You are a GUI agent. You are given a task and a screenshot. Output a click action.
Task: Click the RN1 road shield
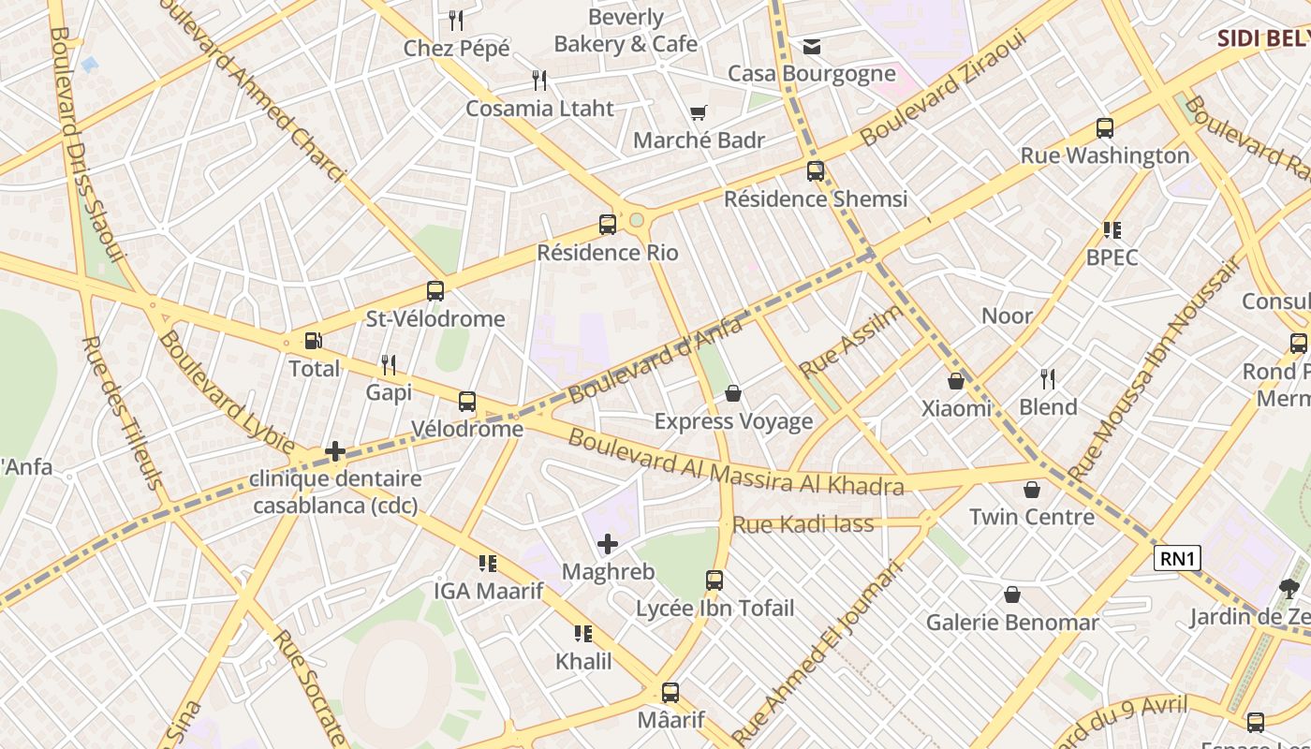tap(1177, 559)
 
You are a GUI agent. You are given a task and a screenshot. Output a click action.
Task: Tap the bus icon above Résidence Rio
tap(608, 225)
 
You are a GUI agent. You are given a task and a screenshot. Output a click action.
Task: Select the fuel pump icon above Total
tap(314, 342)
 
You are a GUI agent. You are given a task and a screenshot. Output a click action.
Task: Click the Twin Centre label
tap(1031, 517)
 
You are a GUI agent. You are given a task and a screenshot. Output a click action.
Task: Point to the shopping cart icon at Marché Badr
tap(698, 113)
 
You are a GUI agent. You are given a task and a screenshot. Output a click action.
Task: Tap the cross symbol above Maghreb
tap(608, 544)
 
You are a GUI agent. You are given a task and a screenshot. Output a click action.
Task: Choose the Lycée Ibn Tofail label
tap(714, 609)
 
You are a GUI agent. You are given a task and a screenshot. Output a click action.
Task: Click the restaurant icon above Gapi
tap(389, 365)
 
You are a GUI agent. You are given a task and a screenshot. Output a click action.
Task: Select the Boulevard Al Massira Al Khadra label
tap(736, 463)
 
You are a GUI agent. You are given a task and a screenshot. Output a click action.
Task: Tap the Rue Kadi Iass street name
tap(803, 524)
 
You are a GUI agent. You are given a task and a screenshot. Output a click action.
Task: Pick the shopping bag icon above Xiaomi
tap(956, 381)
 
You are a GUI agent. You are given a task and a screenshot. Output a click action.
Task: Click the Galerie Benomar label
tap(1012, 623)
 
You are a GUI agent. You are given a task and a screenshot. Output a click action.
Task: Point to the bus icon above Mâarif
tap(670, 694)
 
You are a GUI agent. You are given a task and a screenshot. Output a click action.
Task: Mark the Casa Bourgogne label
tap(812, 73)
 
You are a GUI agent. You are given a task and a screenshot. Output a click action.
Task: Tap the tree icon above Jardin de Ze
tap(1289, 589)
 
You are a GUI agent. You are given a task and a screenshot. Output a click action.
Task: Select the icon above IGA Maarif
tap(487, 564)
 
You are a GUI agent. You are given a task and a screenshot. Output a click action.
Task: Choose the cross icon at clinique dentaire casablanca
tap(335, 452)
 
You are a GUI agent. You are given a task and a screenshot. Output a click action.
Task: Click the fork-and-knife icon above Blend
tap(1048, 379)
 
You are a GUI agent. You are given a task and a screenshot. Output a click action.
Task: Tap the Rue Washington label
tap(1105, 155)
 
